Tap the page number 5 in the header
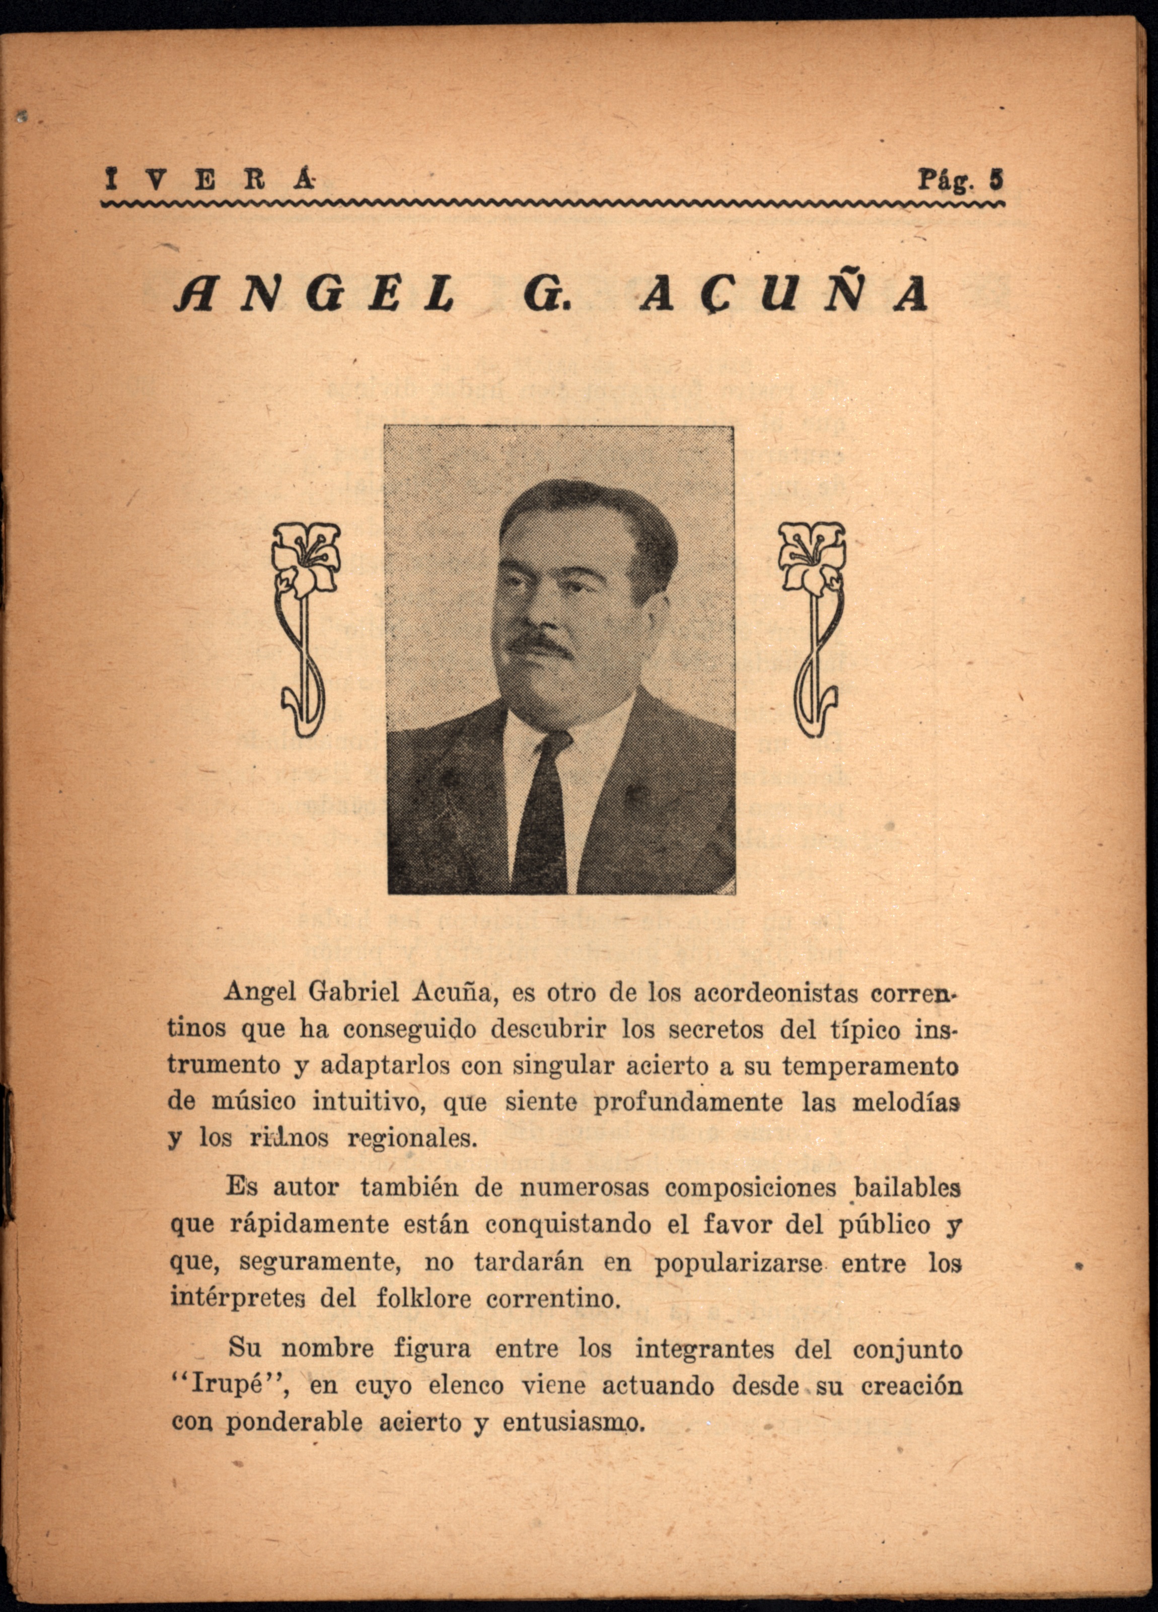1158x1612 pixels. point(997,180)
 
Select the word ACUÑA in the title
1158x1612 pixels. point(783,293)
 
